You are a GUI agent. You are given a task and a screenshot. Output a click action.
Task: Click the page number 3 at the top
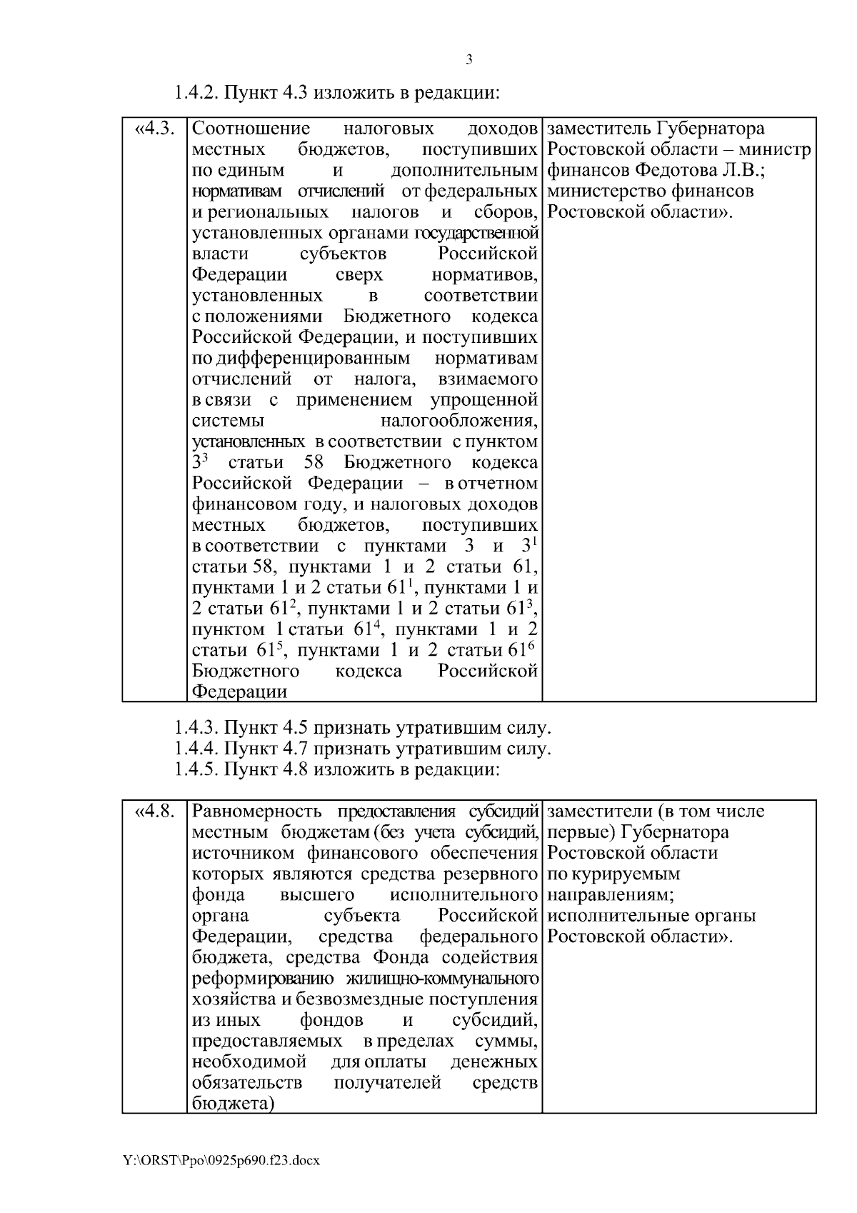[468, 60]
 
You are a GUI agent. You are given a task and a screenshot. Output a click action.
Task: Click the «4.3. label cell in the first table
[154, 129]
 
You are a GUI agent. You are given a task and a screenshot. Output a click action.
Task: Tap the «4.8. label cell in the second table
[154, 812]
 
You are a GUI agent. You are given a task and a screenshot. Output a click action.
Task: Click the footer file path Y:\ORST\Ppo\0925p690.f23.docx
[221, 1160]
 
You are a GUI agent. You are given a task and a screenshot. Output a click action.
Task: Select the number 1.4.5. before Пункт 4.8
[196, 769]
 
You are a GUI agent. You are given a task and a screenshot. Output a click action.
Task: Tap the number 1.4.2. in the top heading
[196, 93]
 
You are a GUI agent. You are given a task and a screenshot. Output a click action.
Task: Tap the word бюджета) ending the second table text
[234, 1124]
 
